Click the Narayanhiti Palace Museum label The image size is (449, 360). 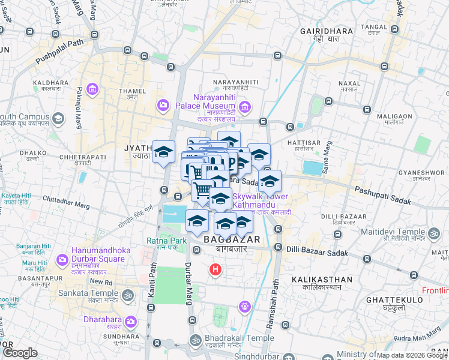216,101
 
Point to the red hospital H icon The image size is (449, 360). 215,270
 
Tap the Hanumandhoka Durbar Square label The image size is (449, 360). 98,254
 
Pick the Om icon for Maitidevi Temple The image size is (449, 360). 433,232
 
